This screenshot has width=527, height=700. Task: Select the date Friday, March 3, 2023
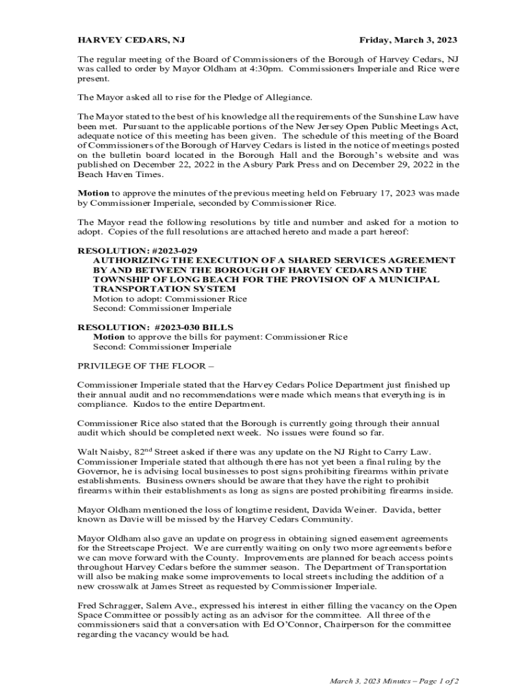pyautogui.click(x=408, y=40)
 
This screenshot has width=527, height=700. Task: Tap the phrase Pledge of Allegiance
pyautogui.click(x=268, y=98)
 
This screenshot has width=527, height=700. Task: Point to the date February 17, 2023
pyautogui.click(x=363, y=193)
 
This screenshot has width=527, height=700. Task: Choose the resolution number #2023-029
pyautogui.click(x=153, y=251)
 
